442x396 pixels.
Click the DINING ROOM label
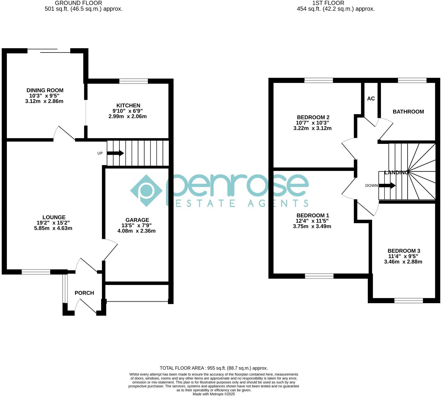45,90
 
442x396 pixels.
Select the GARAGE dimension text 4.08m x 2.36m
136,231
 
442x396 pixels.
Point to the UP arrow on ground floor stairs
115,153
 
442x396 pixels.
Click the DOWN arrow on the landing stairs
387,185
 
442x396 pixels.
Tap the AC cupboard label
371,99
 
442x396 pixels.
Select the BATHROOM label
408,111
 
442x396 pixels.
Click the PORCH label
84,293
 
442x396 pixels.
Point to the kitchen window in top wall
133,81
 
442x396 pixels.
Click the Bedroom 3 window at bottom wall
409,300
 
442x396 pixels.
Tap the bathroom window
412,80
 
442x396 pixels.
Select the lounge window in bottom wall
36,272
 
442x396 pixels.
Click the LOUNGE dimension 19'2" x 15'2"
53,223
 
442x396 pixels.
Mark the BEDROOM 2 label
313,117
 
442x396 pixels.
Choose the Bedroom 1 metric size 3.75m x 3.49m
312,226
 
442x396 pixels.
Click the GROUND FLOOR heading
78,3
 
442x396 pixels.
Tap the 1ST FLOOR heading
328,3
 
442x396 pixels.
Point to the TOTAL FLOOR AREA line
213,368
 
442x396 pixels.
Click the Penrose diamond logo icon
146,190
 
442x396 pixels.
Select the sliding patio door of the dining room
49,51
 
